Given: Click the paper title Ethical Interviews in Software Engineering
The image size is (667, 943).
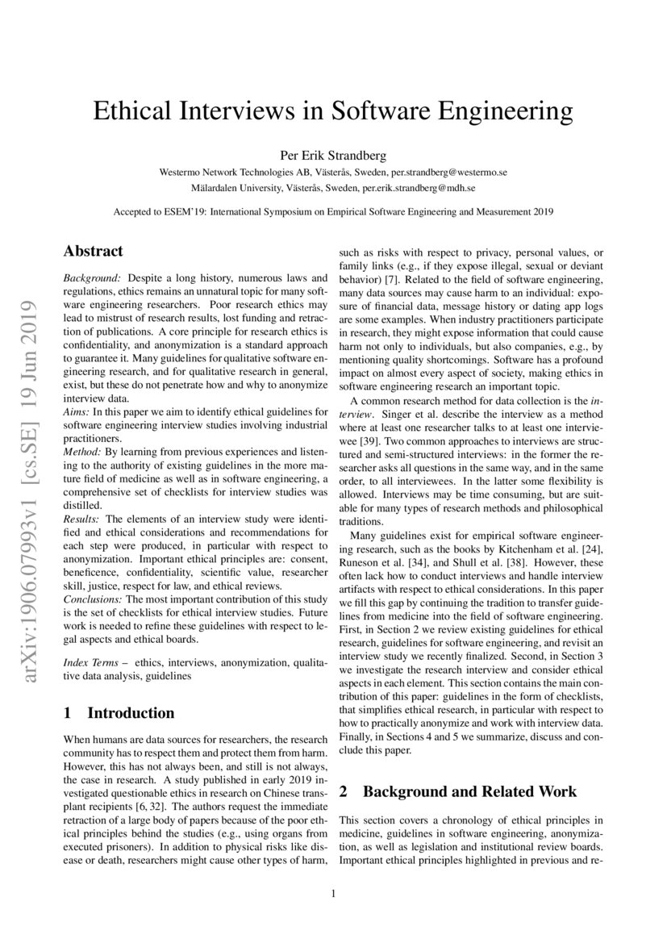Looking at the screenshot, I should coord(333,111).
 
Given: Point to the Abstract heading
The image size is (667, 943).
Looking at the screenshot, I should coord(93,251).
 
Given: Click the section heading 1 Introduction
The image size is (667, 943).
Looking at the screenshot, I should coord(119,712).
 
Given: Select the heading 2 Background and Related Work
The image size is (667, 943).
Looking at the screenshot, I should coord(457,791).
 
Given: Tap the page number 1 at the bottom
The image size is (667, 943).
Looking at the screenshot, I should coord(333,894).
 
